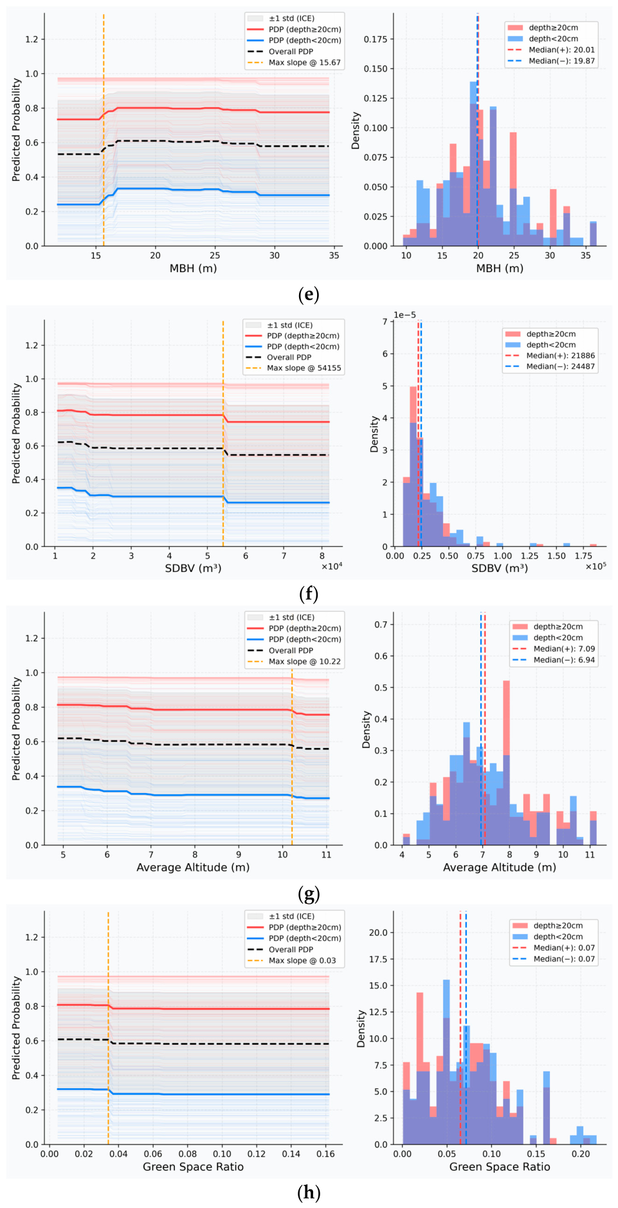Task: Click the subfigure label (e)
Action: (x=309, y=295)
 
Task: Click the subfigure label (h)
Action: (x=309, y=1192)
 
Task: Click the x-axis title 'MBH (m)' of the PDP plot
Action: (x=193, y=268)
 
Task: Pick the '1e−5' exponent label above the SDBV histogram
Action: (x=404, y=315)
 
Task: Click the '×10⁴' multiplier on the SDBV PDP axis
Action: (x=331, y=566)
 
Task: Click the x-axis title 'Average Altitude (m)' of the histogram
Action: (x=500, y=867)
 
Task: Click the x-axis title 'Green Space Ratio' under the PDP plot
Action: (x=193, y=1166)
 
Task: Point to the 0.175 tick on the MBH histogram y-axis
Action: (x=376, y=39)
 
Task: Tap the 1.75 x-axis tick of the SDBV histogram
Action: (x=583, y=556)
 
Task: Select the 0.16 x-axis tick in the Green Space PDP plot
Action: (x=325, y=1153)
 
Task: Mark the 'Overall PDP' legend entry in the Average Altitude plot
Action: (x=291, y=650)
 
